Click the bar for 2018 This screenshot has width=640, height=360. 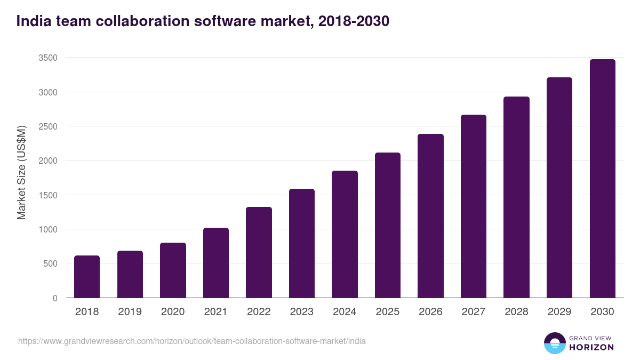click(x=87, y=277)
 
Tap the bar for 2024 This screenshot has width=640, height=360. click(x=345, y=234)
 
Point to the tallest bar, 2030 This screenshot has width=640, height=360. click(x=602, y=179)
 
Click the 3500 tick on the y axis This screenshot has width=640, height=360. click(x=48, y=58)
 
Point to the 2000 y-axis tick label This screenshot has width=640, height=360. click(x=48, y=161)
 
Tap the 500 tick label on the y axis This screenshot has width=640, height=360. click(x=50, y=263)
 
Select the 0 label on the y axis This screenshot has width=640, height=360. click(x=55, y=298)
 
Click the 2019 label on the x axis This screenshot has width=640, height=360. click(x=130, y=312)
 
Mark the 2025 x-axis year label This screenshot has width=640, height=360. click(x=388, y=312)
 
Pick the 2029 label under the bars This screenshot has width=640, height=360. click(x=559, y=312)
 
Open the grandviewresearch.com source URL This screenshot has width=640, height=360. click(x=192, y=341)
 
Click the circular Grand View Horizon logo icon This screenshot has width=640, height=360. click(x=554, y=343)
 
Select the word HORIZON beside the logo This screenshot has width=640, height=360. click(x=591, y=347)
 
